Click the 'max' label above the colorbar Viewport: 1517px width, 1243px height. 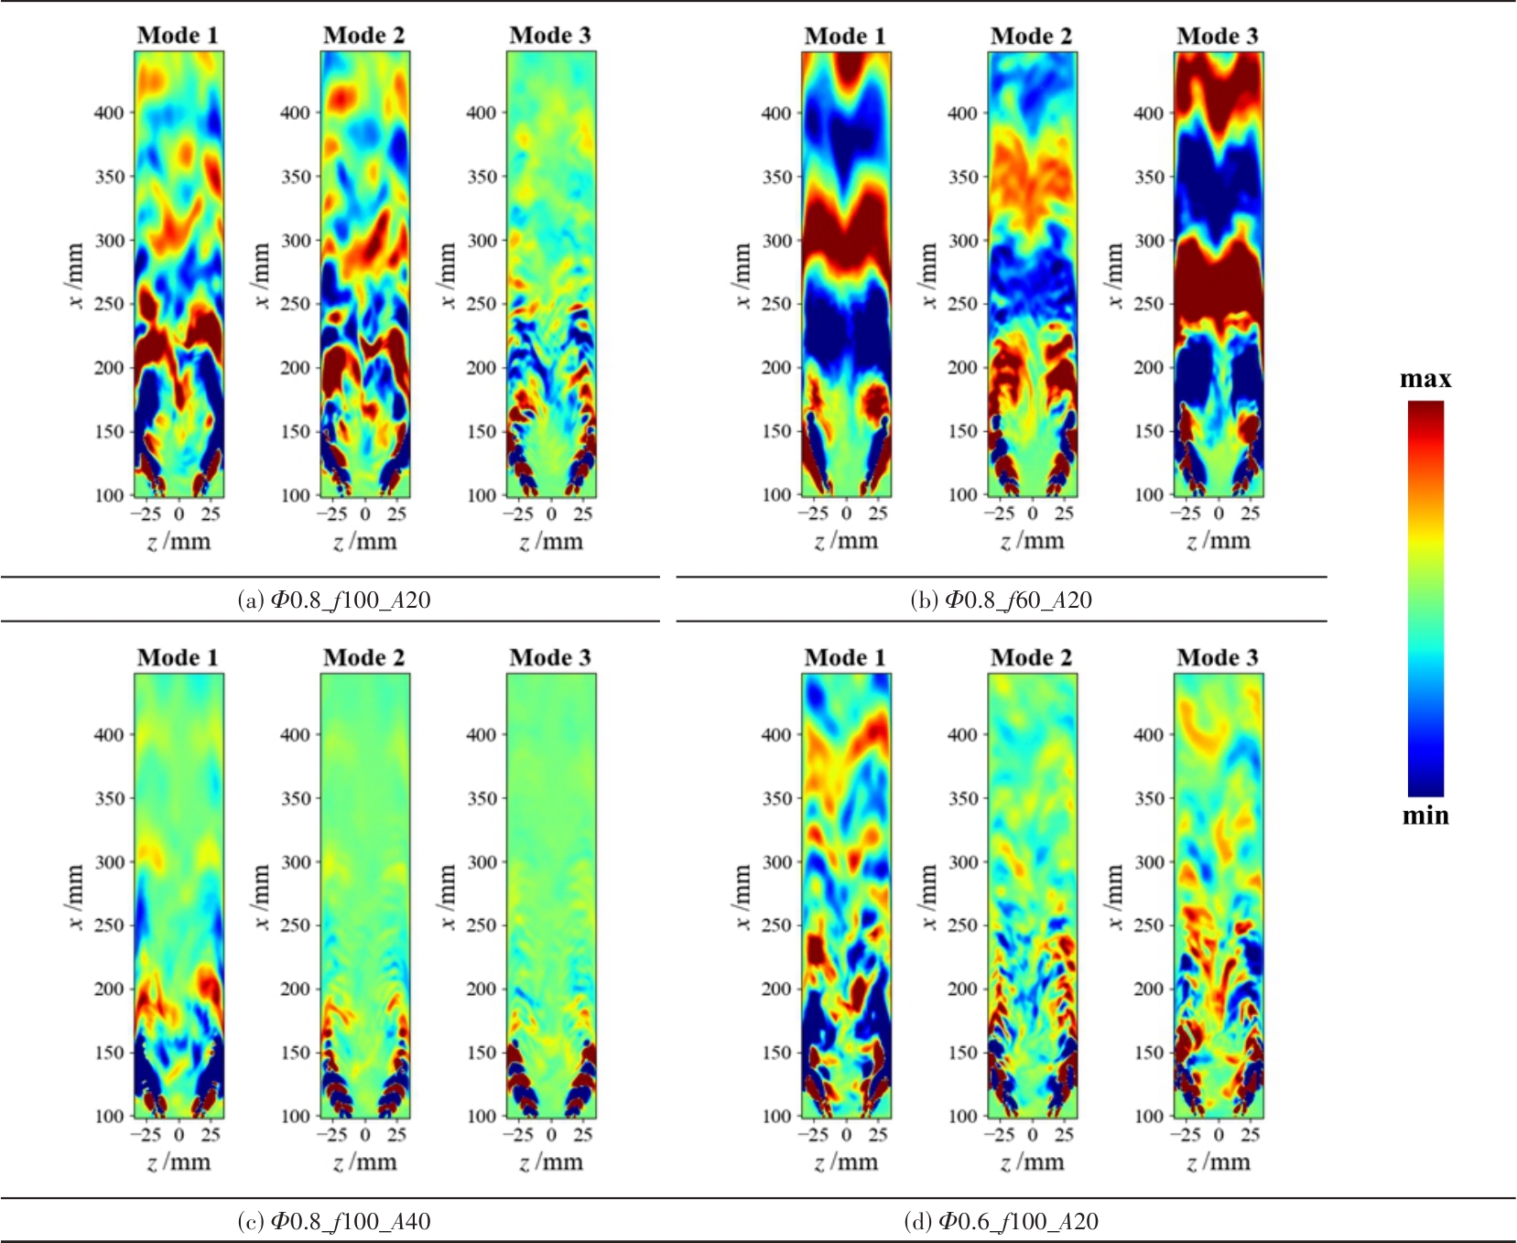(1425, 380)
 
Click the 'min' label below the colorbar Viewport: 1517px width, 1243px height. (1425, 816)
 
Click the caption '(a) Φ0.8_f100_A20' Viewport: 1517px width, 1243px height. (333, 600)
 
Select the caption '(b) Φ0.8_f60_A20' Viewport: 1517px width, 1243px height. (1001, 600)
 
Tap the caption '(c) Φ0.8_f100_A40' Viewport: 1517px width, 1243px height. (333, 1221)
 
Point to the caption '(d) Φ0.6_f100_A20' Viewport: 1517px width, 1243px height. (1001, 1221)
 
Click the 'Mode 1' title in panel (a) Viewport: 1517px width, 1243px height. (178, 36)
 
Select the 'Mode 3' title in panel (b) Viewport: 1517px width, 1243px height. (1218, 37)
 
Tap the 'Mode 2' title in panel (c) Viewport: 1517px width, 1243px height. (363, 657)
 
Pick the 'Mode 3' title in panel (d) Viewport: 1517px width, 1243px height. (1218, 657)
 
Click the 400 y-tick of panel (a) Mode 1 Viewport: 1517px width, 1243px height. (109, 113)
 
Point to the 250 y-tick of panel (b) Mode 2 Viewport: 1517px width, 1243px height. (962, 304)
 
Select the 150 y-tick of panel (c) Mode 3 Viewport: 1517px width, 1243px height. (482, 1053)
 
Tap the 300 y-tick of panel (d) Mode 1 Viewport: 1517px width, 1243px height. (776, 861)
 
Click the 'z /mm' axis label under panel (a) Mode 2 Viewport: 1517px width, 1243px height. (364, 542)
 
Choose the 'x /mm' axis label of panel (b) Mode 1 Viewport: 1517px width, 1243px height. (742, 276)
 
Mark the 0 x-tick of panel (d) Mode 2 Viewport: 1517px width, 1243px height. (1032, 1135)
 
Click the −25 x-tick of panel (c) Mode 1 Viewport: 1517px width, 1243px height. (146, 1135)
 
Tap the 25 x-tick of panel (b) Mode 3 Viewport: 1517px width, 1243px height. (1250, 513)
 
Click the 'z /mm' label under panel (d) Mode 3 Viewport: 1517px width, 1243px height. (1218, 1162)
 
